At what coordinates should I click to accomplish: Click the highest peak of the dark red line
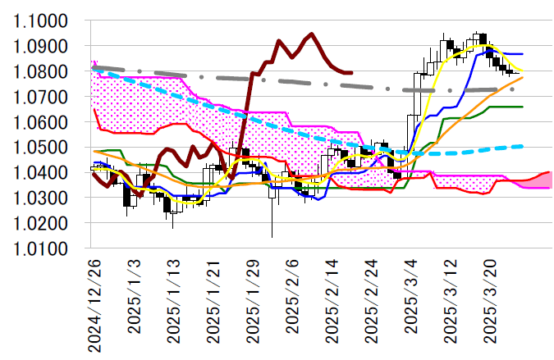[x=311, y=34]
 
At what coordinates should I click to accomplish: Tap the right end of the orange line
[x=523, y=77]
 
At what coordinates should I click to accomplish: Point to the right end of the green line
[x=523, y=107]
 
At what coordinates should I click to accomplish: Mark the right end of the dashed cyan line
[x=523, y=146]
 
